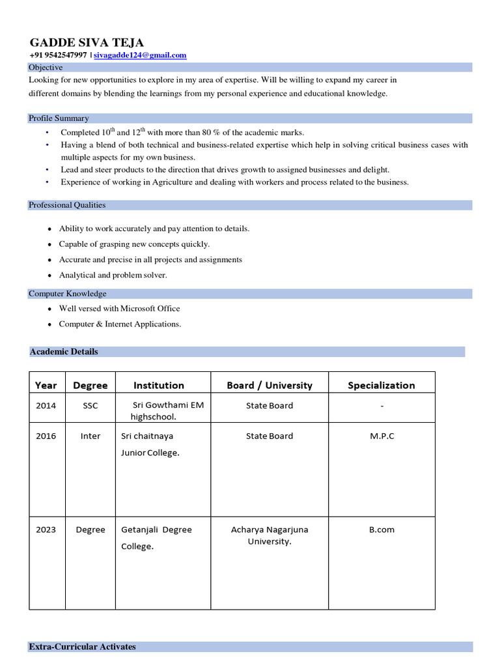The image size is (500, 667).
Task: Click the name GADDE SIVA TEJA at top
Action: coord(86,42)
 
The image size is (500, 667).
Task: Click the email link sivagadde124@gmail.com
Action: coord(140,55)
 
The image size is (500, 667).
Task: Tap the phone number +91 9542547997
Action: coord(58,55)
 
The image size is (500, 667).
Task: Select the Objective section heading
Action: coord(46,67)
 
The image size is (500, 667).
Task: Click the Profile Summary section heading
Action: coord(59,118)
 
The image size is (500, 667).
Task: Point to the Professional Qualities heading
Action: coord(67,205)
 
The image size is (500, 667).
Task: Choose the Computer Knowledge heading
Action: coord(68,294)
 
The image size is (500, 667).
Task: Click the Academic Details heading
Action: coord(64,352)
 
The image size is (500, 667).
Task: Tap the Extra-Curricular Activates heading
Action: coord(83,647)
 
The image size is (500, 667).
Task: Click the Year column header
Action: coord(46,385)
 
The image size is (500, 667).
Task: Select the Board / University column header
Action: coord(270,385)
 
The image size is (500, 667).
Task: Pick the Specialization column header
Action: coord(382,385)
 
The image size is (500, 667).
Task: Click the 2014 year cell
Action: coord(46,405)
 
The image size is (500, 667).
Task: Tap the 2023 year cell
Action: coord(46,530)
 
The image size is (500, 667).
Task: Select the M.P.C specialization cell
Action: coord(382,436)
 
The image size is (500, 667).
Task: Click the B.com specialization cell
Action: coord(382,530)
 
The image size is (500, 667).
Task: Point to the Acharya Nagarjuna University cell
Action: coord(270,535)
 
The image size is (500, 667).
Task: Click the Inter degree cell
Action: coord(90,436)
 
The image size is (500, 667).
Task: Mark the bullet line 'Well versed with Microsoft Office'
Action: coord(120,309)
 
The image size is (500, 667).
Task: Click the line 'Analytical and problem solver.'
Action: coord(113,275)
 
